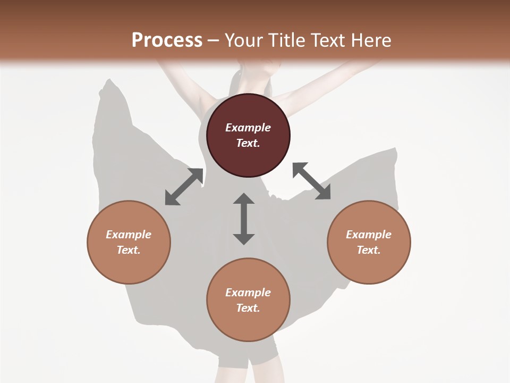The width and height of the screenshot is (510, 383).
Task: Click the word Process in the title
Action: (x=167, y=40)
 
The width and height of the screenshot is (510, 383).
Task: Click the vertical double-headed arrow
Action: (x=244, y=219)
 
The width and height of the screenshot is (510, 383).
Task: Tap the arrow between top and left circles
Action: (x=184, y=187)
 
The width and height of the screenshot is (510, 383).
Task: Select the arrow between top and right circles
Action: (x=311, y=181)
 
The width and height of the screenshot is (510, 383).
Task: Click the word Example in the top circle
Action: (x=248, y=128)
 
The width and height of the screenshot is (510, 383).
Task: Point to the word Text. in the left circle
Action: (x=129, y=250)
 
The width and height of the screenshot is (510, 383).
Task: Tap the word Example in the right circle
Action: (x=369, y=235)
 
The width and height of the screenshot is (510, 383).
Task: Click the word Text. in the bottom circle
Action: (x=248, y=308)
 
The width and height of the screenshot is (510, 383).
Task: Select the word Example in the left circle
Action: (x=129, y=235)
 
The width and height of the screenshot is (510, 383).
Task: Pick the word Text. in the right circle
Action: (x=369, y=250)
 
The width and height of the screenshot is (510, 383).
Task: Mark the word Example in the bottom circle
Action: (x=248, y=293)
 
